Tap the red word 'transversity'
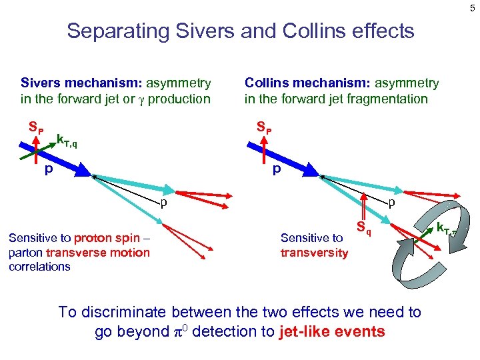pyautogui.click(x=314, y=253)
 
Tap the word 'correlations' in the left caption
pyautogui.click(x=39, y=267)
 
